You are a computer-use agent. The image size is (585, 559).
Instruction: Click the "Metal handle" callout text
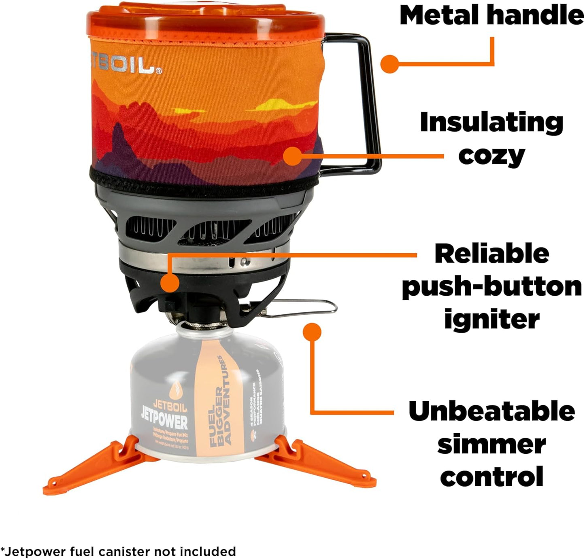click(x=491, y=15)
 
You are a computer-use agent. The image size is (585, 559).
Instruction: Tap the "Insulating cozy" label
click(x=491, y=139)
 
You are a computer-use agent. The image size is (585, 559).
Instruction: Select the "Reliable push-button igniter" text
click(x=491, y=286)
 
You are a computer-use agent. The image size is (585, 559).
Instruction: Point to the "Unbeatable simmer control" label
click(x=491, y=444)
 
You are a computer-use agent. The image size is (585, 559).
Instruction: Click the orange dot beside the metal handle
click(x=390, y=64)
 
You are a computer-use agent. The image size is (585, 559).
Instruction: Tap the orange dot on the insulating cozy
click(x=293, y=156)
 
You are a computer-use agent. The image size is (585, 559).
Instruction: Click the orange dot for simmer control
click(x=312, y=332)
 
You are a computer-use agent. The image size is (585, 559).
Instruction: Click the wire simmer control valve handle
click(x=308, y=307)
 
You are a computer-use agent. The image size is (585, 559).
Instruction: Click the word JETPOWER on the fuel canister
click(x=164, y=421)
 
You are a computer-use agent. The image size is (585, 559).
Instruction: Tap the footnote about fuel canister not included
click(x=118, y=551)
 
